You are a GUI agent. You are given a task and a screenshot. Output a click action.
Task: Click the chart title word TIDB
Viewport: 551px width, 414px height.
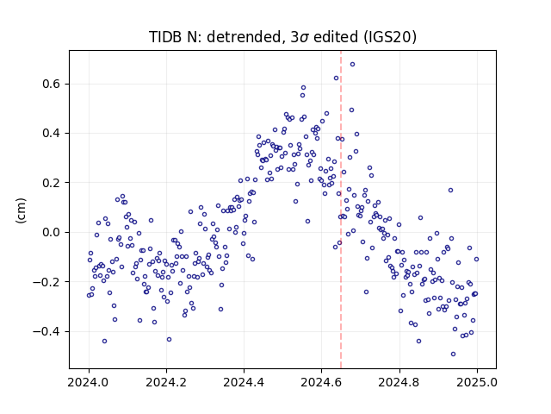[163, 37]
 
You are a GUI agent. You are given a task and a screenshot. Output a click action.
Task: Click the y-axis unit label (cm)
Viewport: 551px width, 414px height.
[21, 210]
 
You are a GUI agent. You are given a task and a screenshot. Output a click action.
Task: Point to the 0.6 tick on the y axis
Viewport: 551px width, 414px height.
[52, 85]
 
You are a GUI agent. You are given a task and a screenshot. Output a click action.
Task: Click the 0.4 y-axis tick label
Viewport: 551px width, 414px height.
[52, 134]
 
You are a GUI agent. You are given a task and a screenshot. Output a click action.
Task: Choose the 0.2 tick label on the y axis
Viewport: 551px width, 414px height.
[52, 183]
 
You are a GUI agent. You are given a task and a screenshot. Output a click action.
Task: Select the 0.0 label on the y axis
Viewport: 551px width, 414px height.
[52, 232]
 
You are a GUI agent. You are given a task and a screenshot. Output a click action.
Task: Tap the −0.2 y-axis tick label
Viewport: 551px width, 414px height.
[46, 282]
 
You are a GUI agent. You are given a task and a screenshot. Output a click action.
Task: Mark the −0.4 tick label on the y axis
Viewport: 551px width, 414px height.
[46, 331]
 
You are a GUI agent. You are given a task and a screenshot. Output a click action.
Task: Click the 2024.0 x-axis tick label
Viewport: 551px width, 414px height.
[89, 382]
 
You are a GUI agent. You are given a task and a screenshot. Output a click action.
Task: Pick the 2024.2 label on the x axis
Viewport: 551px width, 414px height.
[166, 382]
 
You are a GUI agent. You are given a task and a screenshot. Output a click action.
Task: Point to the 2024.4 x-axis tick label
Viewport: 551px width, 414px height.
[244, 382]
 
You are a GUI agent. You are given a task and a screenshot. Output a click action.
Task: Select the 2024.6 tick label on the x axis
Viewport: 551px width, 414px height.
[321, 382]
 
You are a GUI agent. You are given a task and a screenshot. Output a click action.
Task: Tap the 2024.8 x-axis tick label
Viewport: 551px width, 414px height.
[399, 382]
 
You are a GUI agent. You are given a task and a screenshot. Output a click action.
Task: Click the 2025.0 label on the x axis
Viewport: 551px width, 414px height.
[477, 382]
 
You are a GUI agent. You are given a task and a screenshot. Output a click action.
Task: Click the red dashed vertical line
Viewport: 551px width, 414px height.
[341, 210]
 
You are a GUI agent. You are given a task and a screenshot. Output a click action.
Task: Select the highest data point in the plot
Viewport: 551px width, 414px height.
[352, 64]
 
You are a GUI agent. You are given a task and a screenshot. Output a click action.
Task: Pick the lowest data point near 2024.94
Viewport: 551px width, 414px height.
[454, 354]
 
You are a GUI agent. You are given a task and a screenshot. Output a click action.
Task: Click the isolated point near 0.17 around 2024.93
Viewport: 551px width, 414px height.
[450, 191]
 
